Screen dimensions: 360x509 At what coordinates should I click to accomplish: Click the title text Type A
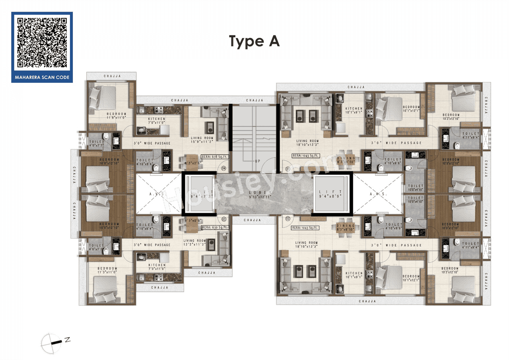254,41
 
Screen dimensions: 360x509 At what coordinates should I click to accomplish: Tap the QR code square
42,42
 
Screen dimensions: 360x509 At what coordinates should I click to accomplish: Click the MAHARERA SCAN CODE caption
42,77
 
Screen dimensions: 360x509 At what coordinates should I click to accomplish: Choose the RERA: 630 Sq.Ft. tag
215,228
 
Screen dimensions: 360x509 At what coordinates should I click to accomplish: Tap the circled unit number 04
223,168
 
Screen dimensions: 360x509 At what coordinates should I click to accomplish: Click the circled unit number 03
223,219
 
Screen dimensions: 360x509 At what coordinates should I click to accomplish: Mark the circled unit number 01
288,169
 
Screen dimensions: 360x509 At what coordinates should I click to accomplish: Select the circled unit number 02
288,218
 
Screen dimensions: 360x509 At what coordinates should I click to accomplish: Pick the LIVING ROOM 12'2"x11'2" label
195,243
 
